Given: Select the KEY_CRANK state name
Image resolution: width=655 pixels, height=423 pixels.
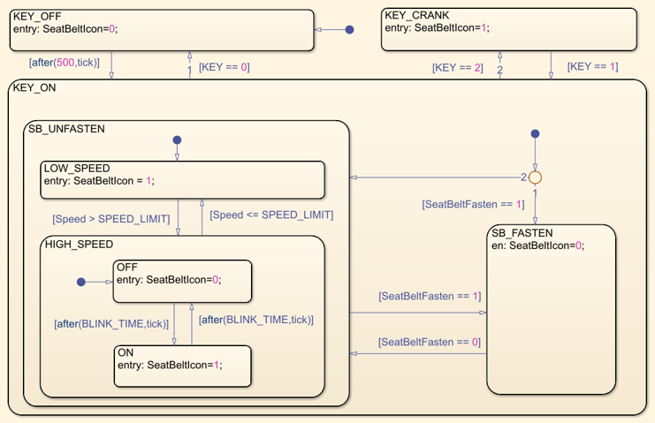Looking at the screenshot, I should [x=416, y=15].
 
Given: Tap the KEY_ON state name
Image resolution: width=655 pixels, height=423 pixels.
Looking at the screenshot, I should [x=34, y=87].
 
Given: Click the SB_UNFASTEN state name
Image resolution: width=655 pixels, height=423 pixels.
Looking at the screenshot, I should [x=66, y=129].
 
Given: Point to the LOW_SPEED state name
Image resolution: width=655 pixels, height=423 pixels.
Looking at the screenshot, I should [x=79, y=169].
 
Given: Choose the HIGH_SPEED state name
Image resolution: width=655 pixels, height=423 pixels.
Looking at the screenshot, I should [x=79, y=244].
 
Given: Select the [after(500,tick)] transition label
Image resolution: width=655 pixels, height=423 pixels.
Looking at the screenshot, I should [x=64, y=63].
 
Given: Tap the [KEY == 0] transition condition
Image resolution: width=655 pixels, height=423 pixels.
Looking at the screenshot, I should [x=224, y=67].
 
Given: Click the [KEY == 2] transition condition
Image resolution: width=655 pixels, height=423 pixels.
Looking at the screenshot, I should [x=457, y=67].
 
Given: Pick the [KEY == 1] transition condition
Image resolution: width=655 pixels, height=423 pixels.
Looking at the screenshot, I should [x=592, y=66].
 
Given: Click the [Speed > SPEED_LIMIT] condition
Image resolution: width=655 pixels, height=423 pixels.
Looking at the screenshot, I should [x=110, y=218].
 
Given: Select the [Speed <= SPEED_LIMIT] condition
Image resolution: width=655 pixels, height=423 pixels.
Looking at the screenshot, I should [x=270, y=215].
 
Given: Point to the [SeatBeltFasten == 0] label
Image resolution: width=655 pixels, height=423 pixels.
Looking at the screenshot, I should [x=430, y=342].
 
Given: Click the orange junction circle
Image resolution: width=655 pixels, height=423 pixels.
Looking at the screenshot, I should [x=534, y=178].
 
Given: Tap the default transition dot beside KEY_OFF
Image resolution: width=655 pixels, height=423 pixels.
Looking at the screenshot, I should [x=349, y=29].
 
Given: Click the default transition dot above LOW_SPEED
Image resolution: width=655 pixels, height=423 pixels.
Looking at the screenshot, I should [x=177, y=140].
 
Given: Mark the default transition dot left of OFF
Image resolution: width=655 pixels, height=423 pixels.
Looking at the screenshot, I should [x=80, y=282].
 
